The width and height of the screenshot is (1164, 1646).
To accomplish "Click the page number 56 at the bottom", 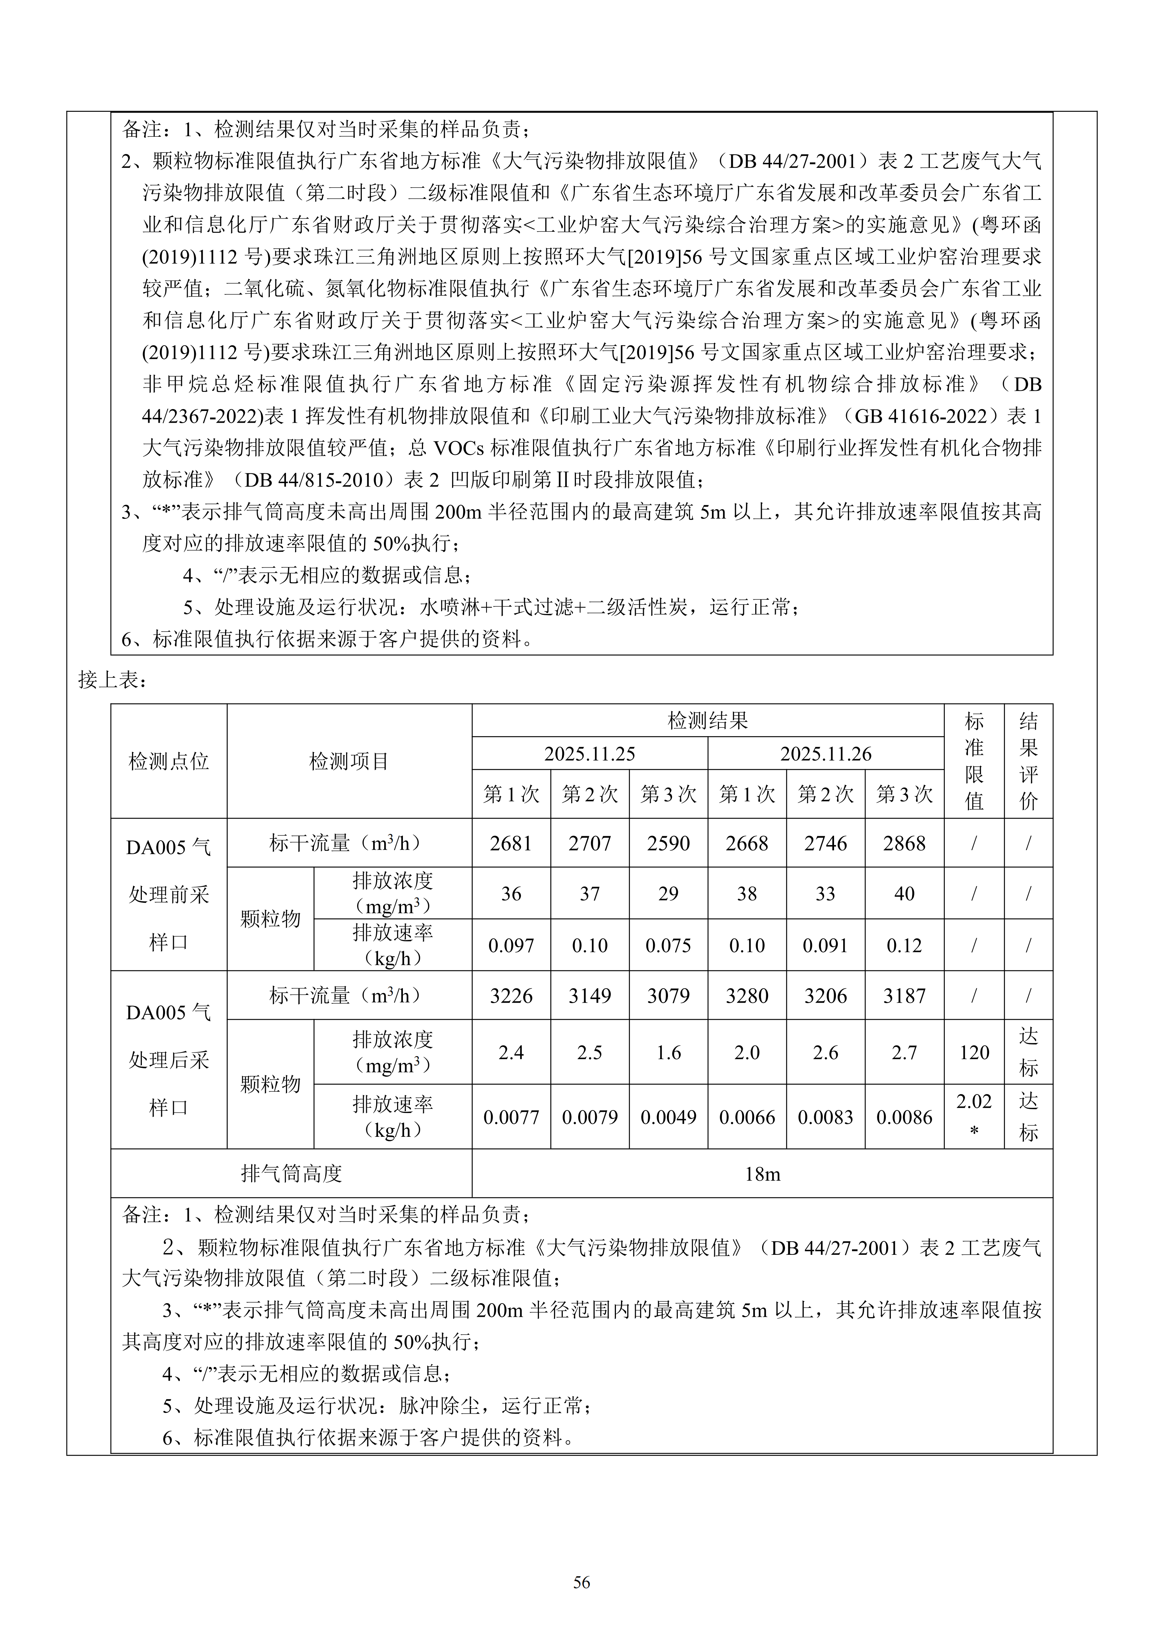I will (x=581, y=1582).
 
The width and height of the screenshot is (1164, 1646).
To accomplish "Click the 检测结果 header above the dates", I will (x=708, y=720).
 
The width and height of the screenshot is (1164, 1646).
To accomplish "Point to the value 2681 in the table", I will (x=511, y=843).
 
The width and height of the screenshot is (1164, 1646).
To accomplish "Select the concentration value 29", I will (x=668, y=894).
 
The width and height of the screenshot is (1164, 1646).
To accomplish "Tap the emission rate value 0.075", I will (x=668, y=945).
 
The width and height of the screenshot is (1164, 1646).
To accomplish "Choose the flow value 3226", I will (x=511, y=996).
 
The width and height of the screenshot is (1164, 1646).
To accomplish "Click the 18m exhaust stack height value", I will (x=762, y=1174).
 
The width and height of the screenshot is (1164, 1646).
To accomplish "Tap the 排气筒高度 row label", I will (x=291, y=1174).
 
